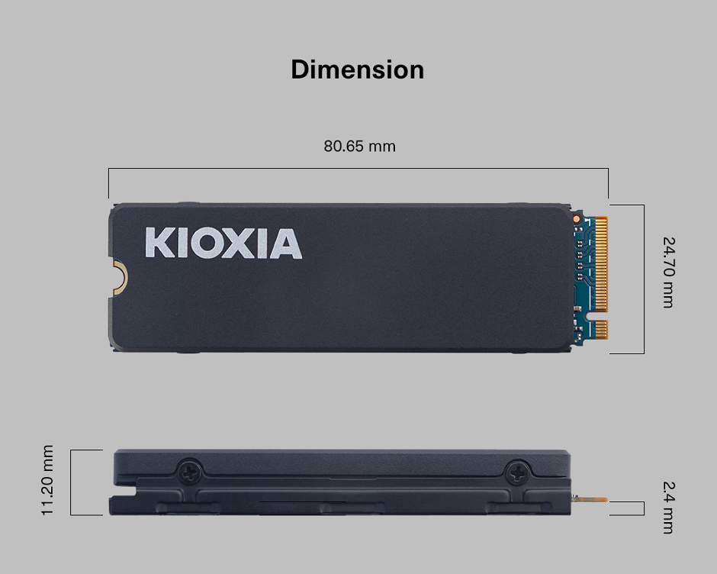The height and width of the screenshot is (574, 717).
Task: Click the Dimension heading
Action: (357, 69)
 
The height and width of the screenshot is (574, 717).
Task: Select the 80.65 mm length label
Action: (359, 146)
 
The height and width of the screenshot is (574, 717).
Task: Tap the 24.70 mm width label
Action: (668, 272)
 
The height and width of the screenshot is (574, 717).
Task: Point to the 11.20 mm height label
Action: (48, 480)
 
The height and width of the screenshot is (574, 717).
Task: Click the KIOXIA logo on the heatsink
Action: (223, 243)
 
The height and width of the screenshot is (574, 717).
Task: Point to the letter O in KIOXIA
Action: (203, 243)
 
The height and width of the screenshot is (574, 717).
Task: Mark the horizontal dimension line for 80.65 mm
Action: (358, 169)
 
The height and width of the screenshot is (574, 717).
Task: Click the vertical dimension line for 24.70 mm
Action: (644, 279)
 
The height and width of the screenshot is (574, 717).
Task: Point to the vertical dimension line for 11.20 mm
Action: (71, 482)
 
